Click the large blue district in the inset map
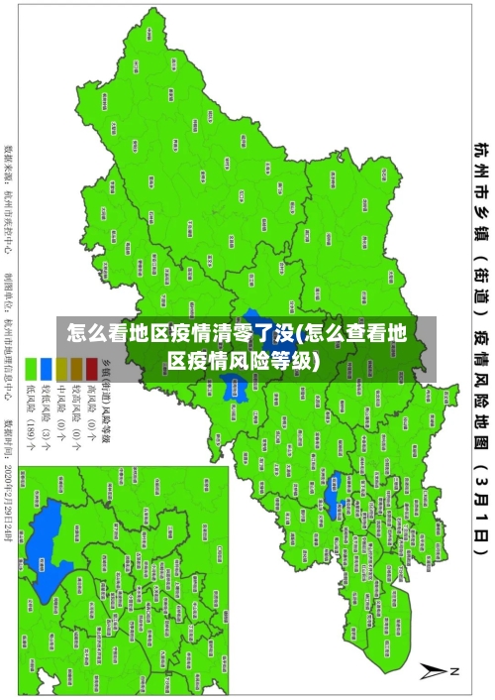tap(45, 550)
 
